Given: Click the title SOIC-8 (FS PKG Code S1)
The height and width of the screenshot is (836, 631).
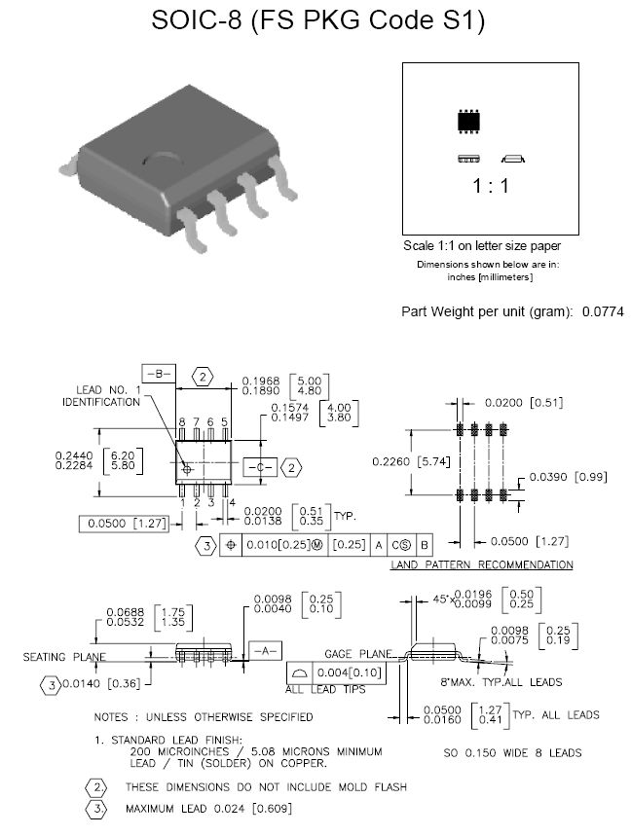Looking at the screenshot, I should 318,21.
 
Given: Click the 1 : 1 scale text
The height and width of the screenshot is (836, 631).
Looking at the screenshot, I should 491,186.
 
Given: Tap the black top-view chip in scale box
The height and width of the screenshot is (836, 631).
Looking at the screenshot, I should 470,122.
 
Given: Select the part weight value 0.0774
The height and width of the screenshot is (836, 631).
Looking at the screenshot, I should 603,312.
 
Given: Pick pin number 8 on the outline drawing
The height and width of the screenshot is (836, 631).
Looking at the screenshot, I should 182,422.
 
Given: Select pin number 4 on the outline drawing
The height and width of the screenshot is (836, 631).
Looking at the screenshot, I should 232,502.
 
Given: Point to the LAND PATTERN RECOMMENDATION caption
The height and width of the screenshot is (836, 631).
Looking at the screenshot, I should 481,564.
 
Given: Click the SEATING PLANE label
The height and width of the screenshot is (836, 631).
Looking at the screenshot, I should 64,657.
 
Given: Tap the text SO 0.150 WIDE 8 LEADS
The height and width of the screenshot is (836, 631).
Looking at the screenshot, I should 512,752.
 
